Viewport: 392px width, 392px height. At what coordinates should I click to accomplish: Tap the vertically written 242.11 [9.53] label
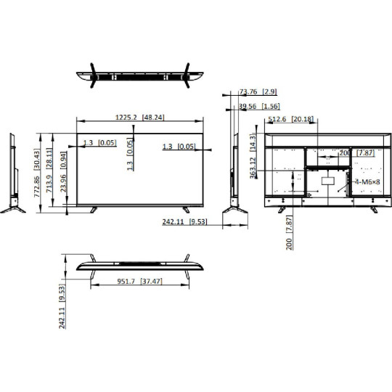pos(63,306)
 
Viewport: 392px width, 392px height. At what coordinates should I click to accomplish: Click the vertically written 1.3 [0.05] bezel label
pos(129,155)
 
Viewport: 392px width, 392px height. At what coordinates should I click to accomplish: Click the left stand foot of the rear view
pos(281,208)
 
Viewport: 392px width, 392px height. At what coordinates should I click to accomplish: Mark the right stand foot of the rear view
pos(372,208)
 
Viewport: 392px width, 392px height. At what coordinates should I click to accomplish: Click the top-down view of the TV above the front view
pos(139,75)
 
